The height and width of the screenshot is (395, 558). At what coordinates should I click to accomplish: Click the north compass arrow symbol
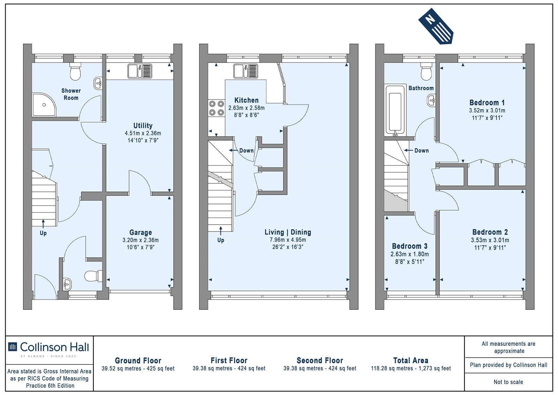(x=436, y=26)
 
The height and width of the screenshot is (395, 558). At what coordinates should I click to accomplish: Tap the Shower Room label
(x=71, y=94)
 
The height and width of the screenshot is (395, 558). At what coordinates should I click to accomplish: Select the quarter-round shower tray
(x=44, y=104)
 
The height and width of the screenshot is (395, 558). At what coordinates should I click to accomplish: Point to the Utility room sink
(x=140, y=71)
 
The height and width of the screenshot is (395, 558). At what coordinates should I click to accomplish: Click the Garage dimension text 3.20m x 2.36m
(x=141, y=240)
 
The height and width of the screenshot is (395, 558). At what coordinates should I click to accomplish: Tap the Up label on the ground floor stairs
(x=43, y=233)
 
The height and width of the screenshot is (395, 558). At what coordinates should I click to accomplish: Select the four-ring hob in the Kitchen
(x=217, y=108)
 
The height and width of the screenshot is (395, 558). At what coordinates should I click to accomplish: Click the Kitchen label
(x=246, y=100)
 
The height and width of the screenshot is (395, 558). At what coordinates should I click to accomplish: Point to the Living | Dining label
(x=288, y=232)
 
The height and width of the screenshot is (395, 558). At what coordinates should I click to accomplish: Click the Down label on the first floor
(x=247, y=151)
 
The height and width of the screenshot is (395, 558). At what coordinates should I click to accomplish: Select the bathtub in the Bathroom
(x=395, y=110)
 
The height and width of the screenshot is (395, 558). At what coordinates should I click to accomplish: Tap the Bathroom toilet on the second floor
(x=426, y=71)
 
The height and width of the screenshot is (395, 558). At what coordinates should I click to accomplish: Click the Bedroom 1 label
(x=487, y=103)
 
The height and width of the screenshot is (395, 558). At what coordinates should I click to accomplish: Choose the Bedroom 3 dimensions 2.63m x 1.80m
(x=410, y=254)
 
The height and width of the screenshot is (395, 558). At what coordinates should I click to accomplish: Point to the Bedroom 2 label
(x=490, y=232)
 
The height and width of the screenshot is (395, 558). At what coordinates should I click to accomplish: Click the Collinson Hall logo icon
(x=13, y=347)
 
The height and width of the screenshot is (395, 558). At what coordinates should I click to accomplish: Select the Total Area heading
(x=411, y=360)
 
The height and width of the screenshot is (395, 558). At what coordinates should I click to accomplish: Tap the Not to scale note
(x=508, y=382)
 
